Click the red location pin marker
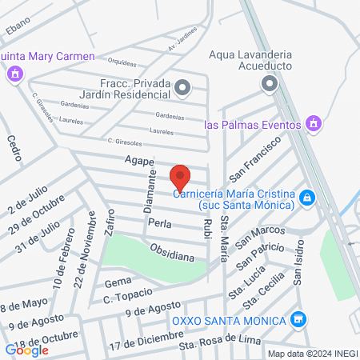coord(181,177)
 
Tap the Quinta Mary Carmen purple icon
coord(14,74)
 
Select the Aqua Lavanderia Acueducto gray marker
coord(268,83)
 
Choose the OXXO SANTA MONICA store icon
coord(298,320)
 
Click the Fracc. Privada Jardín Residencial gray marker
coord(183,87)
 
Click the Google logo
coord(26,350)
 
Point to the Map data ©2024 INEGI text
coord(311,354)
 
